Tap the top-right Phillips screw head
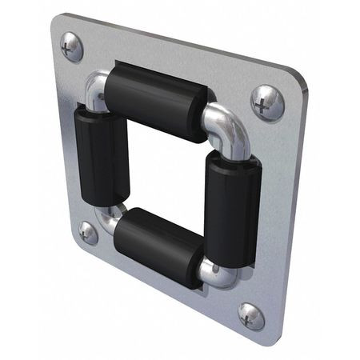pos(266,102)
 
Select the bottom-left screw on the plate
pos(88,233)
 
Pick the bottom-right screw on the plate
pos(251,316)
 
